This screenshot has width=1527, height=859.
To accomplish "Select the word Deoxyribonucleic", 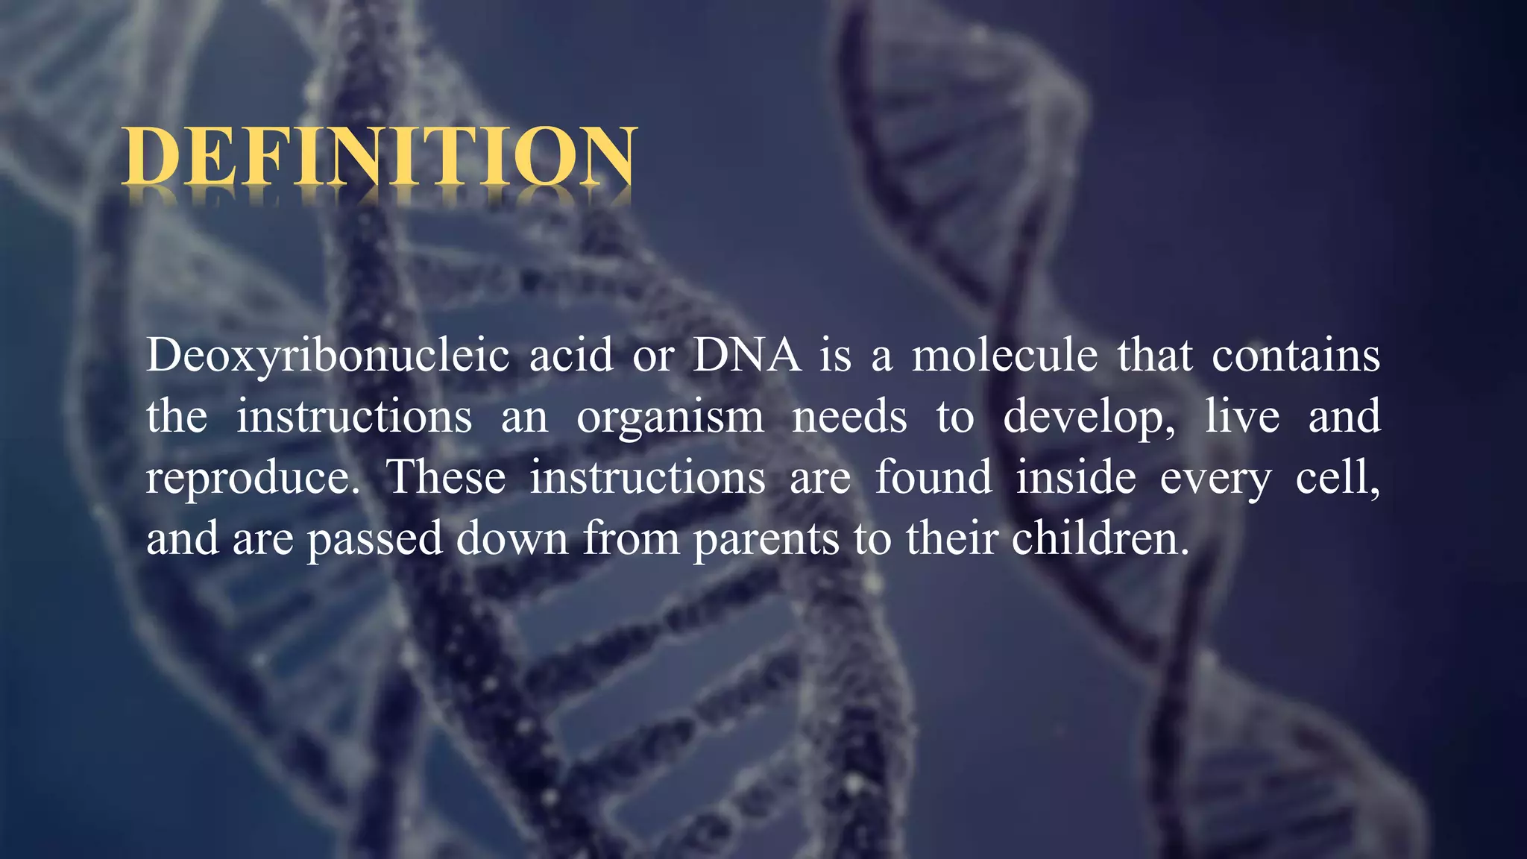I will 327,356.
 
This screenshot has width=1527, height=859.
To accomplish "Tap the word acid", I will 570,355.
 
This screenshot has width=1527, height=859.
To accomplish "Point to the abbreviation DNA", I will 746,355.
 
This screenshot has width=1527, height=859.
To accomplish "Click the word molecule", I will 1004,355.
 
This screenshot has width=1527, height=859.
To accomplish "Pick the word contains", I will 1295,355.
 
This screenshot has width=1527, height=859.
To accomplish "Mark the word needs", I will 849,416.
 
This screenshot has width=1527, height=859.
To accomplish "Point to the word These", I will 445,477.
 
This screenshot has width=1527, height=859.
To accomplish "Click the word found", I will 933,477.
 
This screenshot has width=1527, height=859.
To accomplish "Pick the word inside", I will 1075,477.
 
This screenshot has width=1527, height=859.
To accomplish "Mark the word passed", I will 375,539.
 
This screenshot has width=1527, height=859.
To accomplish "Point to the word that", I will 1154,355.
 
